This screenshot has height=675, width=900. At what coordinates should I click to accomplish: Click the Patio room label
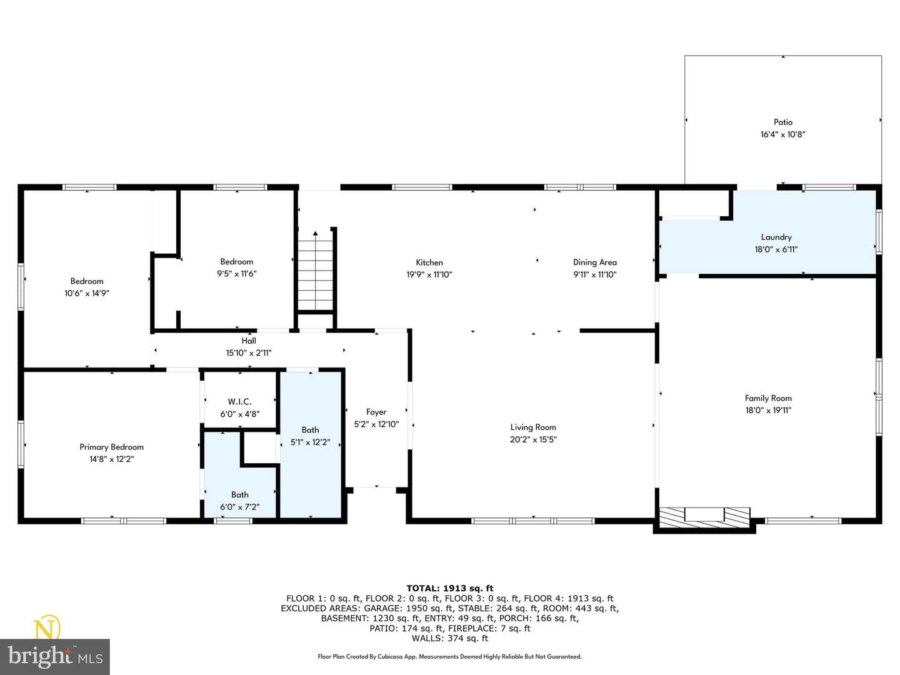(782, 122)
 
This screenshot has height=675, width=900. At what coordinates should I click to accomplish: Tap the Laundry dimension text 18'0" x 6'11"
(776, 249)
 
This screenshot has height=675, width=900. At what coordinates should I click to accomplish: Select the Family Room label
(768, 398)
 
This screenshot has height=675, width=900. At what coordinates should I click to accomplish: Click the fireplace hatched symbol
(704, 517)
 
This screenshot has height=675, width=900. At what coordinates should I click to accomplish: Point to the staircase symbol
(315, 271)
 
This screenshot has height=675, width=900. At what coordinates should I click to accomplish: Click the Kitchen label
(429, 262)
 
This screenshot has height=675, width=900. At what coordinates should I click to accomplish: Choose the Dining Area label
(594, 262)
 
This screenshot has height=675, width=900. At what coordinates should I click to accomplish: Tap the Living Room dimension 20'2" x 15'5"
(533, 439)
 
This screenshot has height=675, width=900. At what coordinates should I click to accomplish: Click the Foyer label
(376, 412)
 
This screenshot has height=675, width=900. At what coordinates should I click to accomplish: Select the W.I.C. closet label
(240, 402)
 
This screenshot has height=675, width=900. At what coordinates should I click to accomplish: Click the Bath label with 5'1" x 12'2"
(310, 430)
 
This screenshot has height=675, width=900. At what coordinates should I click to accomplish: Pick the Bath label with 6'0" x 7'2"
(240, 494)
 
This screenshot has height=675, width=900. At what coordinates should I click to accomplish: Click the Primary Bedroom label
(111, 447)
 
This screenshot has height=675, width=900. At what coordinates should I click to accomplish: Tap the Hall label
(249, 341)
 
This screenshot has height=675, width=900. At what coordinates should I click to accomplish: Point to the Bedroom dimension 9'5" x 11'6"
(237, 274)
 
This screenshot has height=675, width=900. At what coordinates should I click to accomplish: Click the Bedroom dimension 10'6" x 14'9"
(86, 294)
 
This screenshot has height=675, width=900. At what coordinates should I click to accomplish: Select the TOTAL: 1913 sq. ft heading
(450, 589)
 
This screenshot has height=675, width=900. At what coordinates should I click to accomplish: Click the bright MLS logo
(55, 656)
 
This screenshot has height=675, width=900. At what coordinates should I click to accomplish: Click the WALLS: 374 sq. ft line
(450, 638)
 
